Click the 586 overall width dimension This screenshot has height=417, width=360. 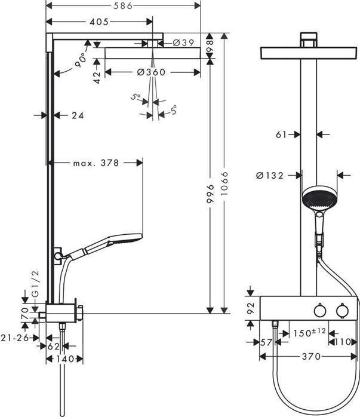[124, 5]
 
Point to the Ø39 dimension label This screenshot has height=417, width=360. [183, 42]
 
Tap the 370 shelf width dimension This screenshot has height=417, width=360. [309, 357]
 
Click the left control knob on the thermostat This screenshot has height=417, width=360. [319, 311]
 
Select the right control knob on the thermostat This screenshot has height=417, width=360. [342, 311]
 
